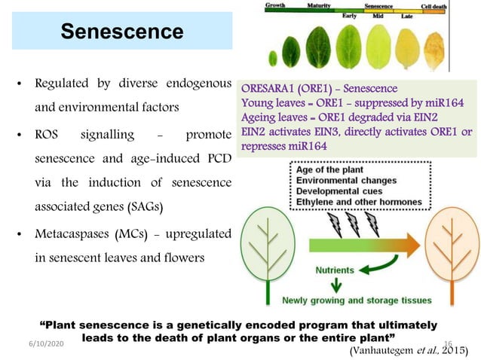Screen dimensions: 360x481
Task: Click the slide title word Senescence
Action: [x=122, y=32]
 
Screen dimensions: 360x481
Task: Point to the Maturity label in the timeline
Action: [x=320, y=5]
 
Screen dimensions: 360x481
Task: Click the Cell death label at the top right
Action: [x=434, y=6]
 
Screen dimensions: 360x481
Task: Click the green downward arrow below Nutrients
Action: [x=335, y=286]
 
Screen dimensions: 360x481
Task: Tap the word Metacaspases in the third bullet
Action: [x=70, y=232]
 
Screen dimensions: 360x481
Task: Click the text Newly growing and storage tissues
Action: [x=357, y=301]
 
